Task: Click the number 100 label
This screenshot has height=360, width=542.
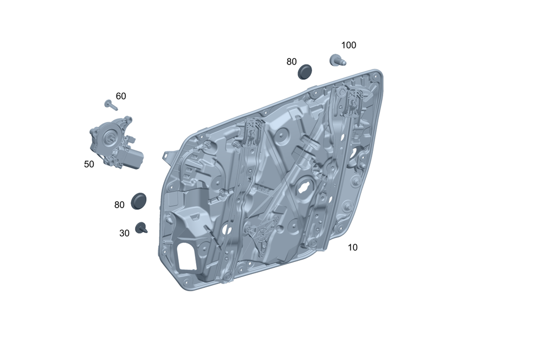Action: point(349,46)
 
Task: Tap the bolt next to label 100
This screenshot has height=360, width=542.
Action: point(337,60)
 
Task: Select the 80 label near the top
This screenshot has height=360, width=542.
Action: point(292,62)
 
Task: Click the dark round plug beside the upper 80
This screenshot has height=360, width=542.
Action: point(305,72)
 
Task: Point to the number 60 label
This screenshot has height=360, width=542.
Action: point(121,96)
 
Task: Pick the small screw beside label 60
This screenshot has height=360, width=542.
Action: point(111,105)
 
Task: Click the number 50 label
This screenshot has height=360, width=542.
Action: point(89,164)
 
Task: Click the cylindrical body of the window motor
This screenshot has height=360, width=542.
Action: point(131,158)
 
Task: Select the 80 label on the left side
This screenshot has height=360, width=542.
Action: point(119,205)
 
